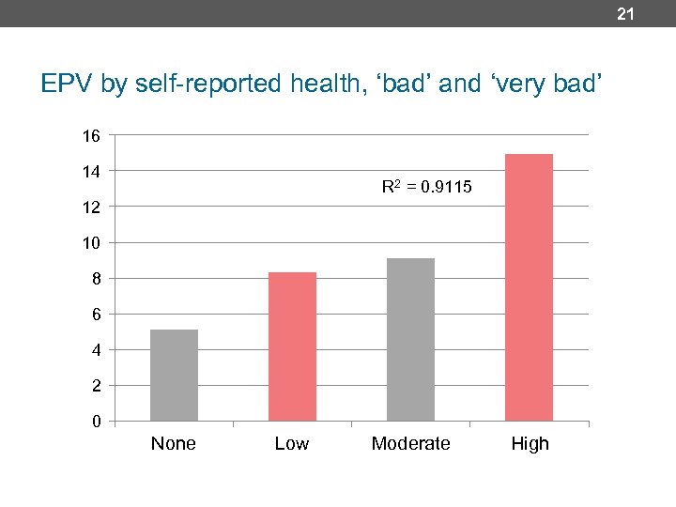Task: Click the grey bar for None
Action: (174, 375)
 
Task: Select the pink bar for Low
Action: (292, 346)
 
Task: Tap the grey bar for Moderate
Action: (410, 339)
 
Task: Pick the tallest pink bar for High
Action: (529, 286)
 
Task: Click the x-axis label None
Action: (174, 443)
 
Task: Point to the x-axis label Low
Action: (291, 443)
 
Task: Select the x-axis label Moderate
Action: (410, 443)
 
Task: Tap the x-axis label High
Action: (530, 443)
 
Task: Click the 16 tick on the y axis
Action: (90, 136)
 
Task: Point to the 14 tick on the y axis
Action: (90, 171)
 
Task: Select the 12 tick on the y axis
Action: (90, 207)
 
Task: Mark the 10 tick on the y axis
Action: (90, 243)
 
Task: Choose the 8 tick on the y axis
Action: (95, 279)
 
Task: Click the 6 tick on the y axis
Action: (95, 315)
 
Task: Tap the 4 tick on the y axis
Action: (95, 350)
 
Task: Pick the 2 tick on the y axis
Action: (95, 386)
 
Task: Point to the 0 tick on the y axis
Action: (95, 422)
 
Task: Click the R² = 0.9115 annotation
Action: (426, 188)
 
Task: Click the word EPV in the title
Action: (68, 85)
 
